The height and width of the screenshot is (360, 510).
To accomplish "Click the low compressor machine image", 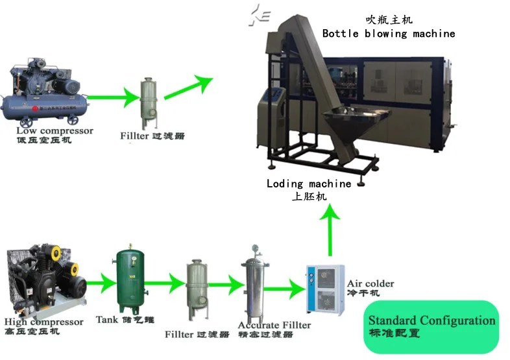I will (45, 94).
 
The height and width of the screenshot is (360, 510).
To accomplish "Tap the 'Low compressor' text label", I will (55, 130).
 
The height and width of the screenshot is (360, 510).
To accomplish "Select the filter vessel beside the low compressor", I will (149, 103).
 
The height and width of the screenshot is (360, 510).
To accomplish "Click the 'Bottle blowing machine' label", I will (389, 33).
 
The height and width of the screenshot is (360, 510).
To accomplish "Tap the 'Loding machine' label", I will (309, 184).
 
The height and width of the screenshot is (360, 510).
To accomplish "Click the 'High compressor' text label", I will (44, 322).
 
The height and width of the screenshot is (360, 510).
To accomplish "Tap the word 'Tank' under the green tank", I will (107, 319).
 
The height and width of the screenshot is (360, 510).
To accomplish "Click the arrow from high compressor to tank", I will (99, 283).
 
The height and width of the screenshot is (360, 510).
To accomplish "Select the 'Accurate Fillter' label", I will (274, 324).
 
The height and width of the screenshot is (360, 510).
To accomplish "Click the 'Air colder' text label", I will (370, 283).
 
